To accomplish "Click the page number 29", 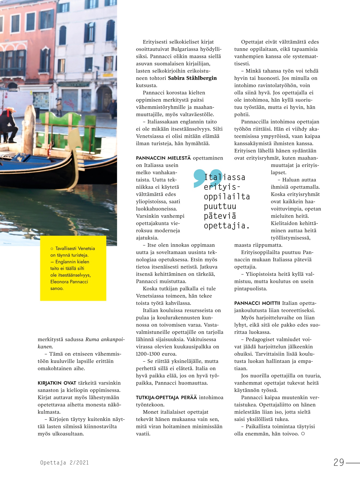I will pyautogui.click(x=339, y=462).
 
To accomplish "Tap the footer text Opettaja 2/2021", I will pyautogui.click(x=65, y=463).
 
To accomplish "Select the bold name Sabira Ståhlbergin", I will pyautogui.click(x=192, y=78).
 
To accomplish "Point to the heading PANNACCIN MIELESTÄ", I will pyautogui.click(x=163, y=158).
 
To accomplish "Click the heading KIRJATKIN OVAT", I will pyautogui.click(x=57, y=383).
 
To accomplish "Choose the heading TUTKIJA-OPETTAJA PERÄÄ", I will pyautogui.click(x=166, y=398).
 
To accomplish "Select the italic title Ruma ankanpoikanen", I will pyautogui.click(x=105, y=340).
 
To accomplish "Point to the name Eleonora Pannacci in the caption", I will pyautogui.click(x=69, y=282).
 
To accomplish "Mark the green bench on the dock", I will pyautogui.click(x=64, y=128).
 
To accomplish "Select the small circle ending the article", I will pyautogui.click(x=303, y=434).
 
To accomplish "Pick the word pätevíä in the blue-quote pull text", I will pyautogui.click(x=220, y=216).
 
